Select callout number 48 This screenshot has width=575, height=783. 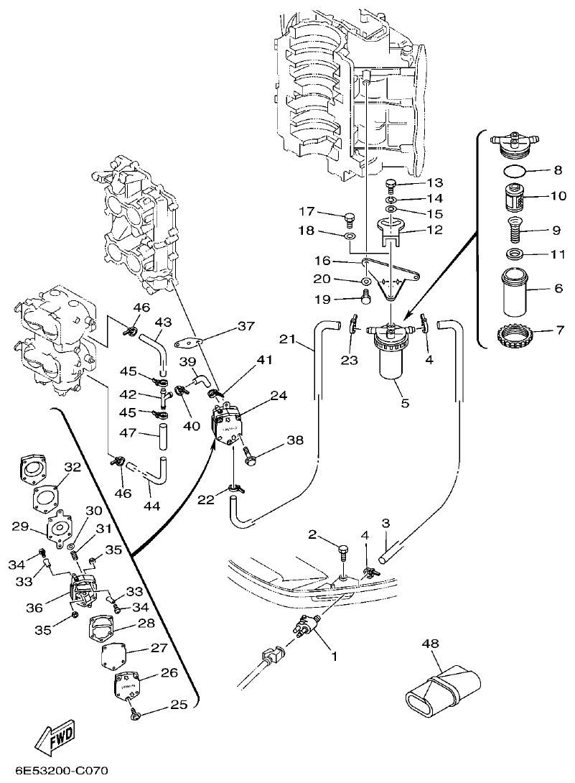[x=431, y=644]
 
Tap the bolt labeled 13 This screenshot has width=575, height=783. [x=392, y=185]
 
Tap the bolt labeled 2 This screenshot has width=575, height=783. [x=344, y=553]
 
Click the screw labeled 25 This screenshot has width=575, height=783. [x=134, y=715]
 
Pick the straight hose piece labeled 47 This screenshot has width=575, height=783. [x=162, y=437]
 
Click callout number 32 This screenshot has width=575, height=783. [x=73, y=467]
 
